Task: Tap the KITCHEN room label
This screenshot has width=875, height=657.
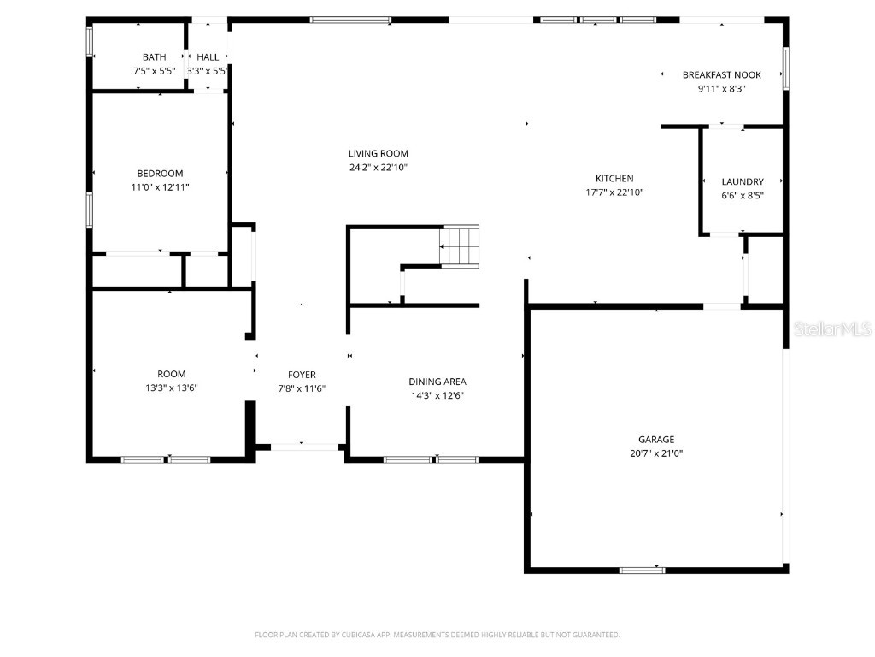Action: [614, 179]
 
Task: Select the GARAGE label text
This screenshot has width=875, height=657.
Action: [655, 440]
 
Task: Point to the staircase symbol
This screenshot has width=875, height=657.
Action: [460, 246]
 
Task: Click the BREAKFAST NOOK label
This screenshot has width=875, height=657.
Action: [721, 75]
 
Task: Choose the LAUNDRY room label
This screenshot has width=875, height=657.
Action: [742, 181]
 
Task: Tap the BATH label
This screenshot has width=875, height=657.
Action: [155, 57]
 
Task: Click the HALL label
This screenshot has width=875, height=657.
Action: [208, 57]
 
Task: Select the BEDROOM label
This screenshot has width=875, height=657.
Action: [160, 174]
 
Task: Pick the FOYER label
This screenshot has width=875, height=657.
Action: [302, 375]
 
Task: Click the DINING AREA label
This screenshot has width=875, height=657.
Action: [437, 382]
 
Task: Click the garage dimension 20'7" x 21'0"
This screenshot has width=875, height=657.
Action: [655, 453]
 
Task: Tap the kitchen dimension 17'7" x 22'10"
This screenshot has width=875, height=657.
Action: [614, 192]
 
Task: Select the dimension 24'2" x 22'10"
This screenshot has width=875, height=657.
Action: [378, 168]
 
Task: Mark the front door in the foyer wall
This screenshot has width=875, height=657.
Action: [304, 446]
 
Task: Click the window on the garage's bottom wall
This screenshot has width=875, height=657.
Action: [642, 570]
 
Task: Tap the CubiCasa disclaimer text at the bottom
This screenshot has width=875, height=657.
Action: [437, 635]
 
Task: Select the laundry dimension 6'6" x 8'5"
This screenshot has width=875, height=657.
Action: [742, 195]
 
